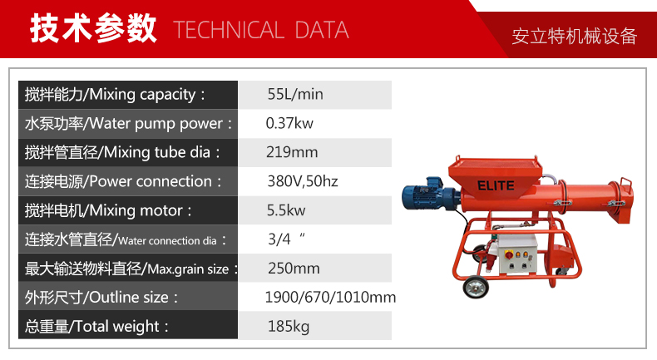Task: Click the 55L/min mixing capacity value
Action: point(295,94)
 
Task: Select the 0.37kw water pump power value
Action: point(289,123)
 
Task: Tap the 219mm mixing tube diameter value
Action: point(292,152)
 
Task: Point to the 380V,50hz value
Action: point(303,181)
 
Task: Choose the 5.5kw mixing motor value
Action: point(286,210)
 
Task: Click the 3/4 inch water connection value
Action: point(286,239)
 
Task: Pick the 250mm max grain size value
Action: point(294,269)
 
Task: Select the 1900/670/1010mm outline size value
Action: point(330,297)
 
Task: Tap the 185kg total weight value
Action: point(289,326)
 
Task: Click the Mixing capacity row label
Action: point(115,95)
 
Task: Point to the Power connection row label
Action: point(123,181)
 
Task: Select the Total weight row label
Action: point(96,327)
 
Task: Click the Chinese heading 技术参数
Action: point(93,28)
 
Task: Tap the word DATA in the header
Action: point(322,30)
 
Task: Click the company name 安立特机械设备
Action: point(575,37)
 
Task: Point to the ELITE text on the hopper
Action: point(496,185)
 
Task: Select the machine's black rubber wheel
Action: point(476,287)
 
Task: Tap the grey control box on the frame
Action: point(516,254)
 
